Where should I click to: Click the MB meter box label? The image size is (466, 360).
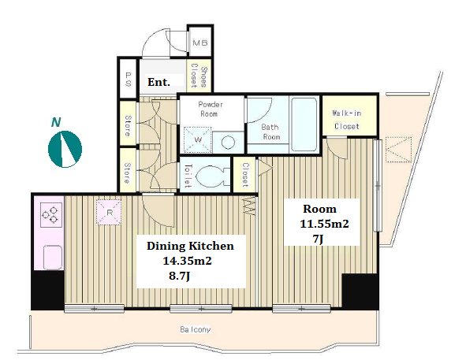199,43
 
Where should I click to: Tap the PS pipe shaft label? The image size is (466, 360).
128,80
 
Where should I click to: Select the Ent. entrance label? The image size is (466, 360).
158,82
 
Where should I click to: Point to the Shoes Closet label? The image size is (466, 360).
199,77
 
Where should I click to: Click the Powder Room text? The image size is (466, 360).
210,109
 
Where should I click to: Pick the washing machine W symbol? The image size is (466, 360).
197,139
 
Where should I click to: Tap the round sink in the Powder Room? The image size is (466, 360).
228,143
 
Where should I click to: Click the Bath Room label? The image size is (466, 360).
270,132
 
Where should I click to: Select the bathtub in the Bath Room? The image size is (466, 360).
304,124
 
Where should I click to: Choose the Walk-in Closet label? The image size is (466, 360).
346,120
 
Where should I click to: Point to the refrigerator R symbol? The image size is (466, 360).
109,212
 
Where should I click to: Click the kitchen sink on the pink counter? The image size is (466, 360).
53,257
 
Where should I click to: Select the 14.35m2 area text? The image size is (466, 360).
187,261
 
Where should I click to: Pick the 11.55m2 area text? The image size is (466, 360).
324,224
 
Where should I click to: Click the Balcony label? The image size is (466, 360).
196,329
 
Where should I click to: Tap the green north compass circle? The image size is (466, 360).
65,149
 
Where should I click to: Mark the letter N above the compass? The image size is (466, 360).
56,122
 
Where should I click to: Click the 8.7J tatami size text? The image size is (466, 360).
179,276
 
